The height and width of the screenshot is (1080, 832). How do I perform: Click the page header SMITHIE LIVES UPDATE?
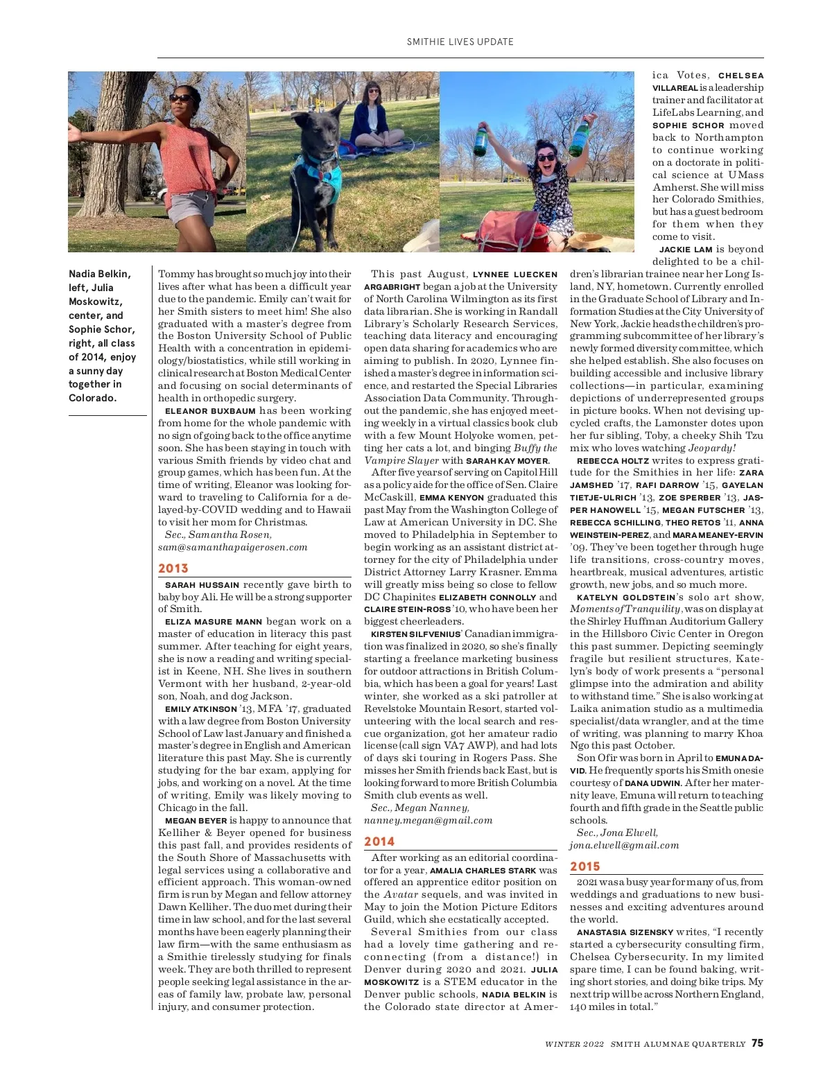tap(460, 42)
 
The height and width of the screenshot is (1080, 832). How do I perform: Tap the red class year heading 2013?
tap(173, 568)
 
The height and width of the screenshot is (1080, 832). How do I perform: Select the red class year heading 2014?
tap(379, 842)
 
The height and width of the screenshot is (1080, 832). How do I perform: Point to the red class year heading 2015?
tap(585, 866)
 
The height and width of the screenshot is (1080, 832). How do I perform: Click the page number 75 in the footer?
tap(757, 1043)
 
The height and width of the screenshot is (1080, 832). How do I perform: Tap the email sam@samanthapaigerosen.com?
tap(232, 547)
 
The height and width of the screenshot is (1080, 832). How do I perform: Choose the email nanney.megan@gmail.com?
tap(428, 820)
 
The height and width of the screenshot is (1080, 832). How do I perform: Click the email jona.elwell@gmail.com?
tap(624, 845)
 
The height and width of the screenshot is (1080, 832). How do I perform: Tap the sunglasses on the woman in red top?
tap(182, 98)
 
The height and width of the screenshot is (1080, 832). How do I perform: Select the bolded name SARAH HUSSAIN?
tap(202, 585)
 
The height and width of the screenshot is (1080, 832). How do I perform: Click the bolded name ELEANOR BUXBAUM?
tap(210, 411)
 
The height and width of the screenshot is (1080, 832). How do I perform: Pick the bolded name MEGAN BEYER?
tap(196, 821)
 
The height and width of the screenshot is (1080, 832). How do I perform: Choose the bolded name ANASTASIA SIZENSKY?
tap(625, 932)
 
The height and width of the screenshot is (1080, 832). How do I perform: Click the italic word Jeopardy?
tap(712, 448)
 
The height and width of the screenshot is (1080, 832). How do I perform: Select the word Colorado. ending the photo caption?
tap(92, 398)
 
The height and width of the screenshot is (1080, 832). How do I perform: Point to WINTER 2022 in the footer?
tap(574, 1044)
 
